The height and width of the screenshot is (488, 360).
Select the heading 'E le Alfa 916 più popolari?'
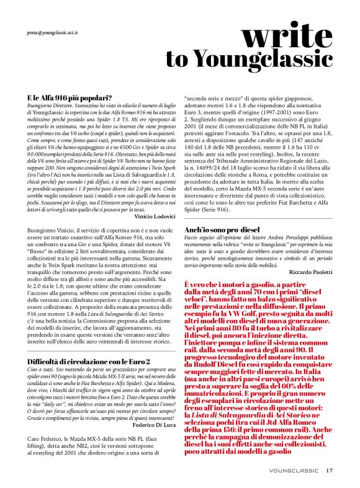point(70,98)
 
